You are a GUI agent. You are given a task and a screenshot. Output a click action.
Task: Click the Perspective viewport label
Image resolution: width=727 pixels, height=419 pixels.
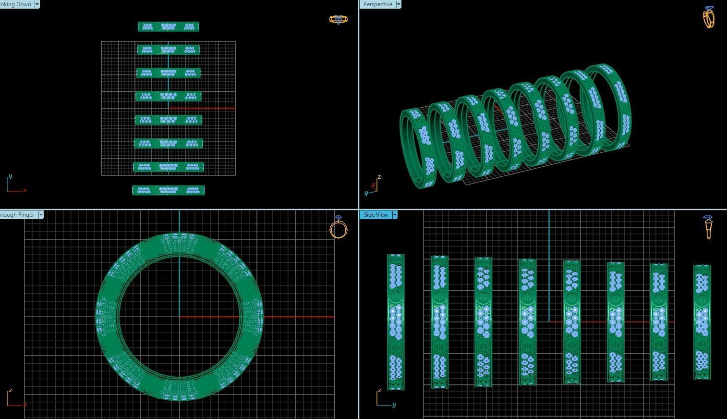[377, 4]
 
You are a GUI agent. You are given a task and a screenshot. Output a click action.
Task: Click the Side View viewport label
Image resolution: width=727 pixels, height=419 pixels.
[376, 215]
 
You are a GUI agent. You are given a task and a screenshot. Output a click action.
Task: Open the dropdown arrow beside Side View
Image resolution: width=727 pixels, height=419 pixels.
[395, 215]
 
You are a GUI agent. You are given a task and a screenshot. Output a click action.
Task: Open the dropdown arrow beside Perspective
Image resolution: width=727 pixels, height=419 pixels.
[398, 4]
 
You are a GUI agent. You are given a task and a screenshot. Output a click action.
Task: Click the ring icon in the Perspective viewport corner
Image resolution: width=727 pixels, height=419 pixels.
[709, 17]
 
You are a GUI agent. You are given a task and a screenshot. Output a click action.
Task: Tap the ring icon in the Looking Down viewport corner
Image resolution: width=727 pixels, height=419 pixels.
[338, 20]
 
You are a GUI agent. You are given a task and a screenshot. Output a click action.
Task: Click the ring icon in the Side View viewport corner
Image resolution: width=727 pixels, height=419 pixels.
[708, 227]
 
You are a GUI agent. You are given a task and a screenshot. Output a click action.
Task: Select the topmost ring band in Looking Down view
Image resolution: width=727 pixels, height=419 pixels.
[169, 27]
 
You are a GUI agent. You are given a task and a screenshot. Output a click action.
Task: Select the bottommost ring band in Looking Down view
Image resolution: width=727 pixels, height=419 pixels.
[169, 190]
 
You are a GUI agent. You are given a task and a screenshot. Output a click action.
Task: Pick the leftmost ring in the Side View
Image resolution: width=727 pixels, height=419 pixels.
[396, 322]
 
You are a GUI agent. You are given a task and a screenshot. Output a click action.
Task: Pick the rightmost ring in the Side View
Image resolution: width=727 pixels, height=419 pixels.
[702, 322]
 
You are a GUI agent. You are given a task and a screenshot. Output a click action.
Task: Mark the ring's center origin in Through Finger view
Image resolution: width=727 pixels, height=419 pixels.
[180, 317]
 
